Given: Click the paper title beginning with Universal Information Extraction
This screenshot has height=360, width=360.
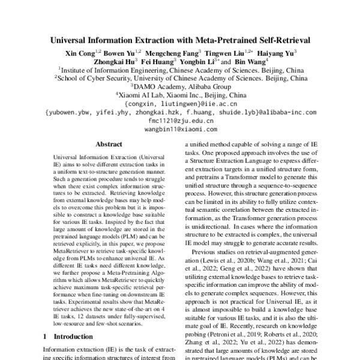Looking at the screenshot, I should point(179,41).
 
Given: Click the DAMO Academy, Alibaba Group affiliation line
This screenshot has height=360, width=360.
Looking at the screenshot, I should point(179,86).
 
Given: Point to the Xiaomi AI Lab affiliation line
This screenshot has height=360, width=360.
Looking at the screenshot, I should point(179,95).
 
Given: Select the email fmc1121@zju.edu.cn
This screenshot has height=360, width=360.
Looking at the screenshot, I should point(179,120).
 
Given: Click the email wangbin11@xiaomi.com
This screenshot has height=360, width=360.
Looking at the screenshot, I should point(179,128).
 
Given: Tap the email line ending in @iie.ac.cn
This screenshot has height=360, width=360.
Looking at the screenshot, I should point(179,103).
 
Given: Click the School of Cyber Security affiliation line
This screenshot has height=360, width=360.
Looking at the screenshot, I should point(179,78).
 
